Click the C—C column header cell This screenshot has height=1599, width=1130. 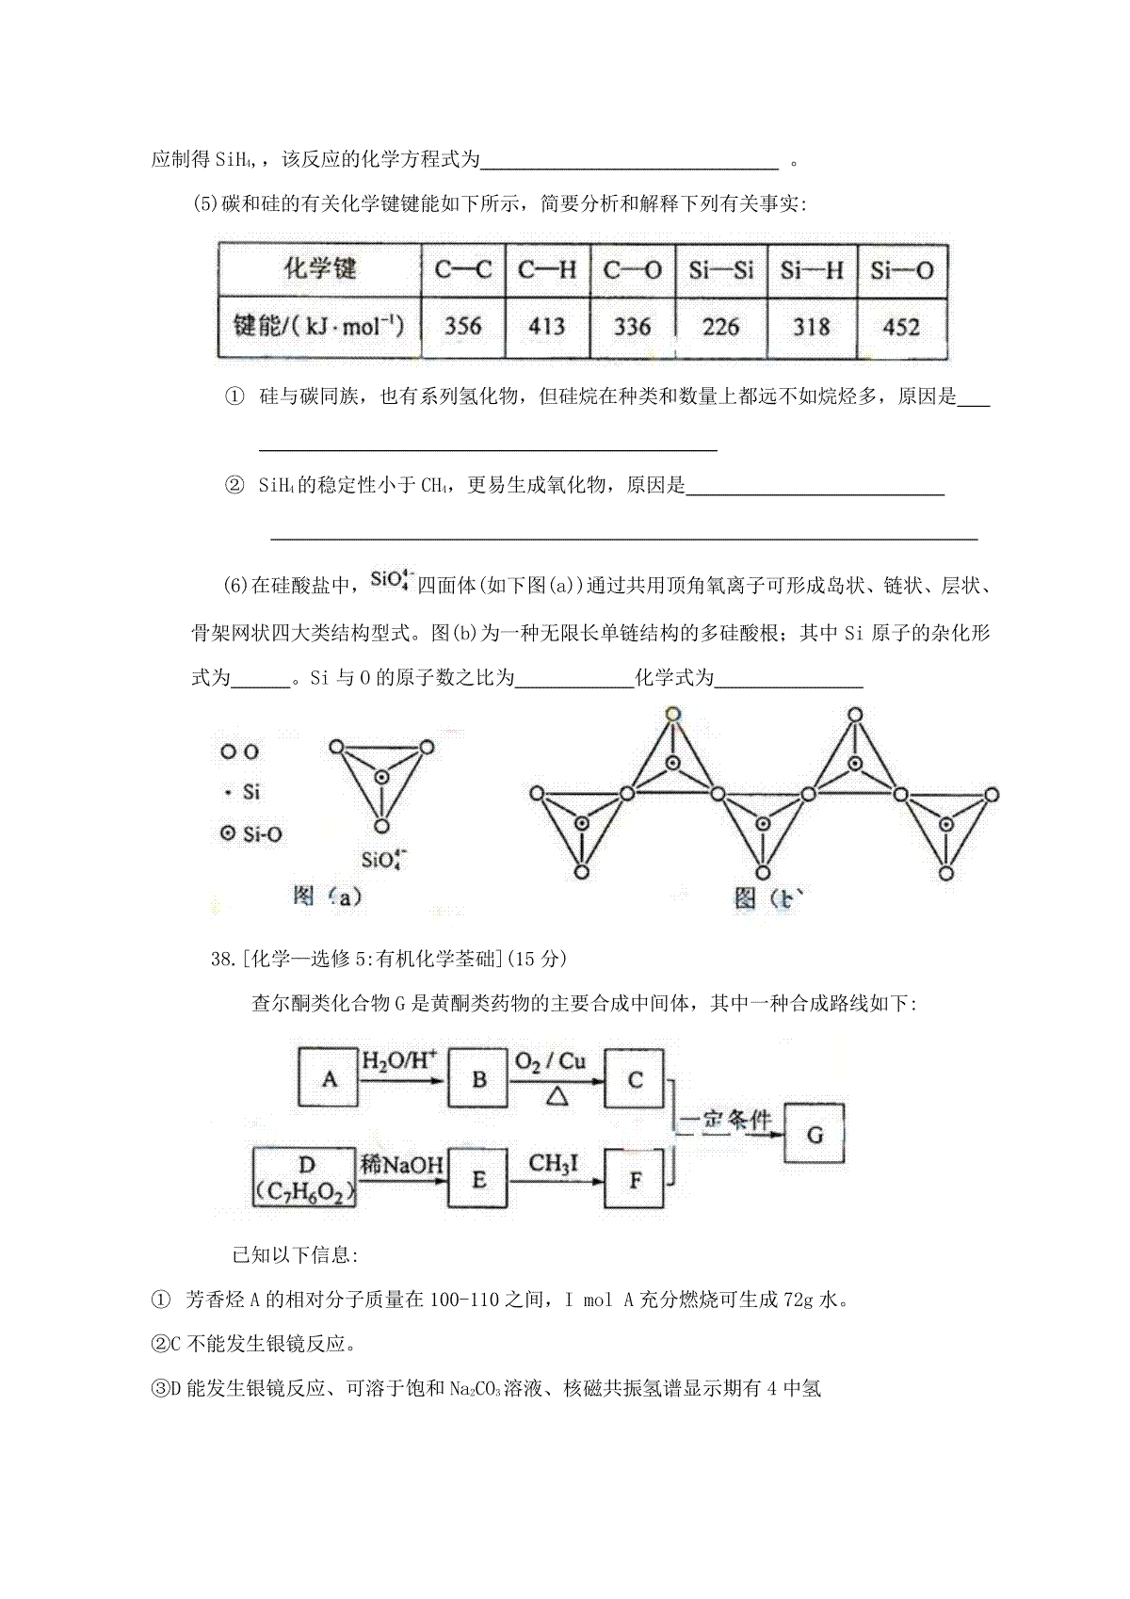coord(462,271)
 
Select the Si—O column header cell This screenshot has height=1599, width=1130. coord(901,271)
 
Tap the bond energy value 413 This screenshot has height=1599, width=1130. coord(546,327)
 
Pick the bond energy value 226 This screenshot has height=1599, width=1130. coord(720,327)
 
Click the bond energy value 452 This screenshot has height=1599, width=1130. coord(901,327)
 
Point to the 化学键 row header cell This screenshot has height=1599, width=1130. coord(320,269)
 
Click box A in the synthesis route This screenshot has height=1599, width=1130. coord(329,1077)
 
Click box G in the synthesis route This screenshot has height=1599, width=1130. coord(815,1135)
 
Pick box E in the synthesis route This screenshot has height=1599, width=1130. coord(478,1178)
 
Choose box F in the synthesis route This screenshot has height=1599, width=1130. coord(635,1178)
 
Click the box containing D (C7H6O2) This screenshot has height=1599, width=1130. coord(305,1178)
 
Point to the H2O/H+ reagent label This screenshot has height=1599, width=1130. coord(400,1061)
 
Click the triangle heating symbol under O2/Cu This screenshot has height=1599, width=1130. coord(557,1095)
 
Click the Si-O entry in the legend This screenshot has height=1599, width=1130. coord(251,833)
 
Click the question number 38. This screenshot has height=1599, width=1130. coord(222,959)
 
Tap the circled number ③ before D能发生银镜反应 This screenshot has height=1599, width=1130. coord(159,1388)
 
